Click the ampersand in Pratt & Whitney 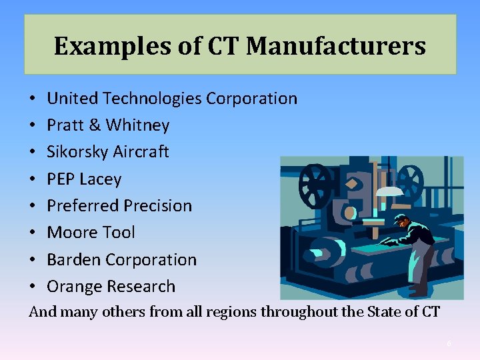(x=94, y=125)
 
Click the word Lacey (x=101, y=179)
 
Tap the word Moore (x=69, y=233)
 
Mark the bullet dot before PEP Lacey (x=33, y=180)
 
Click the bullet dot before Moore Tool (x=33, y=233)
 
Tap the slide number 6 (x=449, y=343)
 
